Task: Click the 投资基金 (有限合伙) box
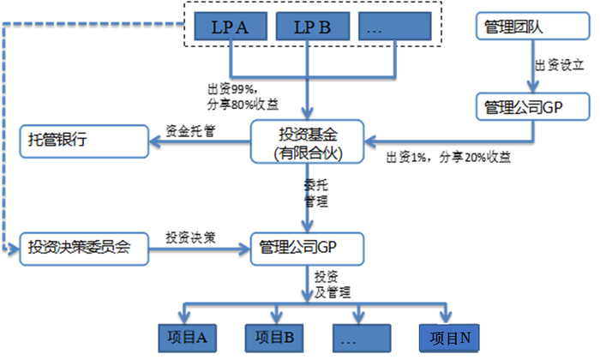click(x=306, y=141)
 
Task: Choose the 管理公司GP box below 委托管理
click(x=306, y=249)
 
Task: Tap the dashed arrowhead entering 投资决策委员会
click(x=15, y=249)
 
